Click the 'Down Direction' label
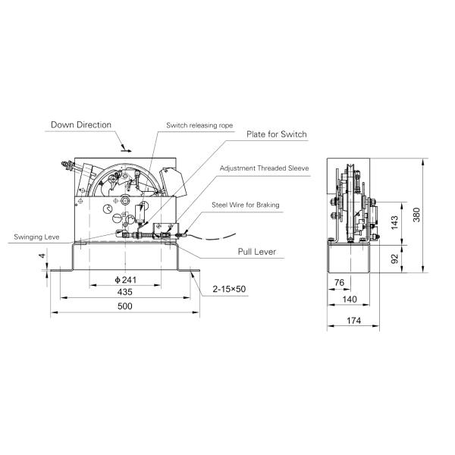(81, 124)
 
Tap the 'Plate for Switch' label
(276, 134)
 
